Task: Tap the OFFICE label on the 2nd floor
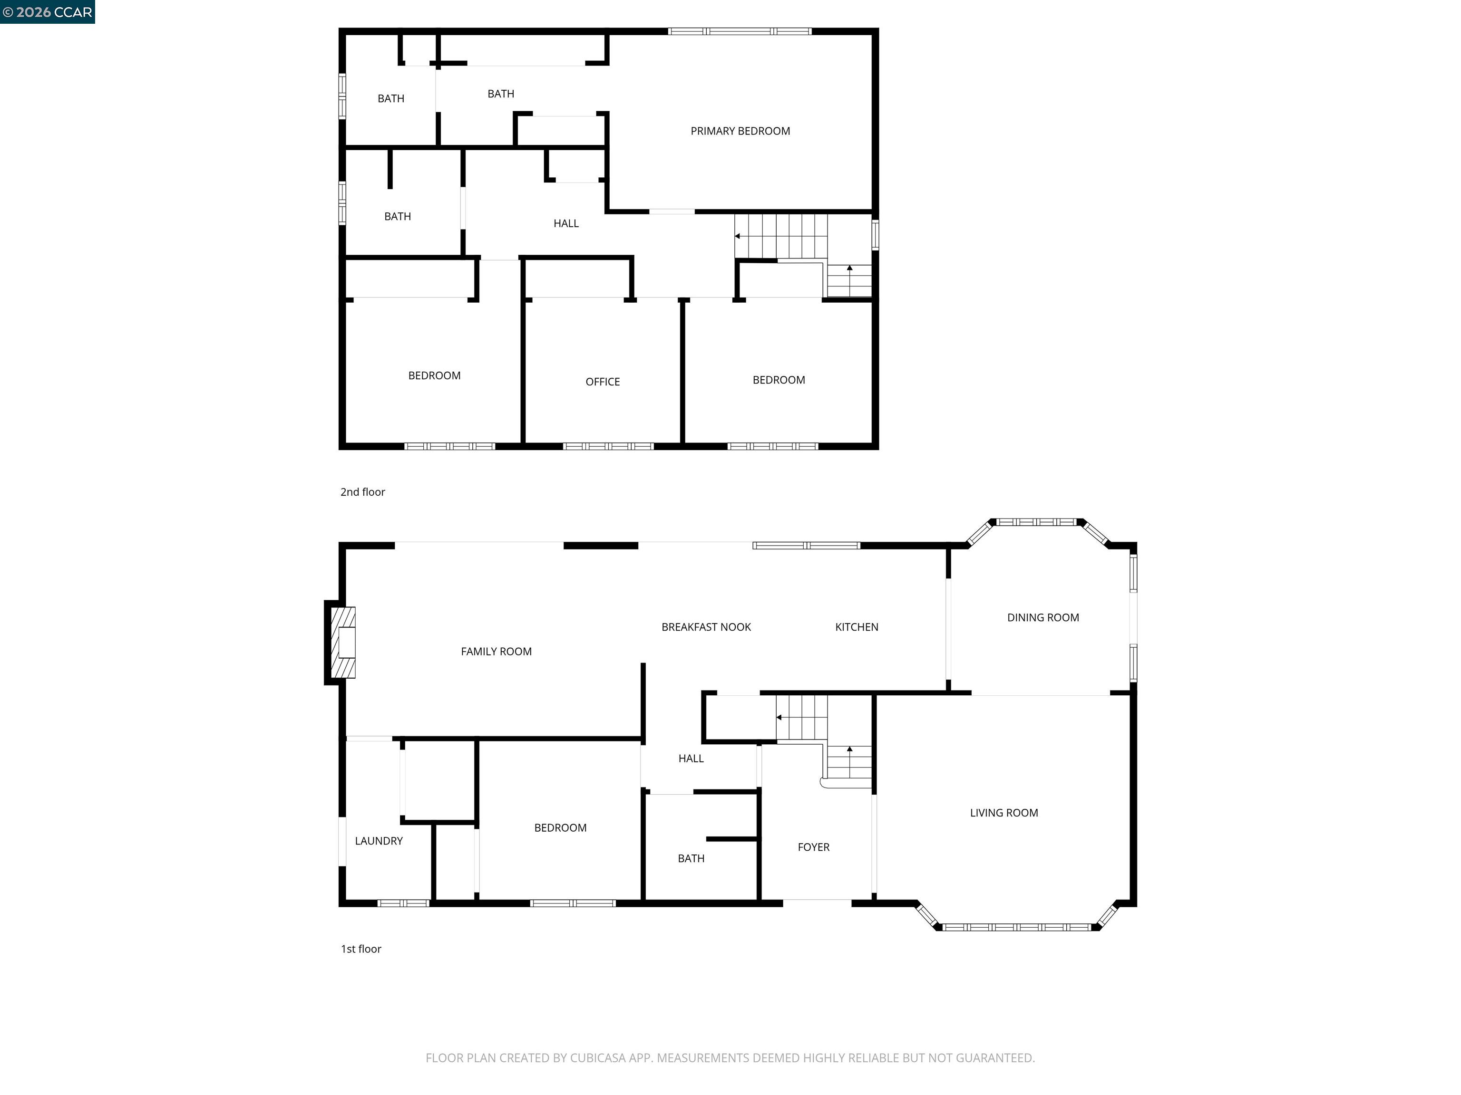pyautogui.click(x=603, y=382)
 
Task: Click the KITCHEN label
pyautogui.click(x=856, y=627)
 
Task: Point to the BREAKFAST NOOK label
pyautogui.click(x=706, y=627)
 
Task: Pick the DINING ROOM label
pyautogui.click(x=1042, y=618)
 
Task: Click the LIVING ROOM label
pyautogui.click(x=1003, y=813)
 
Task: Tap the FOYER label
pyautogui.click(x=813, y=847)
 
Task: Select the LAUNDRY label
pyautogui.click(x=379, y=841)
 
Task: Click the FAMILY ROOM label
pyautogui.click(x=496, y=652)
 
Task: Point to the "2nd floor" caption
pyautogui.click(x=362, y=492)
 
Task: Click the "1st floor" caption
pyautogui.click(x=360, y=949)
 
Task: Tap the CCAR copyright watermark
pyautogui.click(x=47, y=12)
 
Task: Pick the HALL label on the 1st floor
pyautogui.click(x=691, y=759)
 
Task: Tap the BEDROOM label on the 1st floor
pyautogui.click(x=560, y=828)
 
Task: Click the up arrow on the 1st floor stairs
pyautogui.click(x=849, y=749)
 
